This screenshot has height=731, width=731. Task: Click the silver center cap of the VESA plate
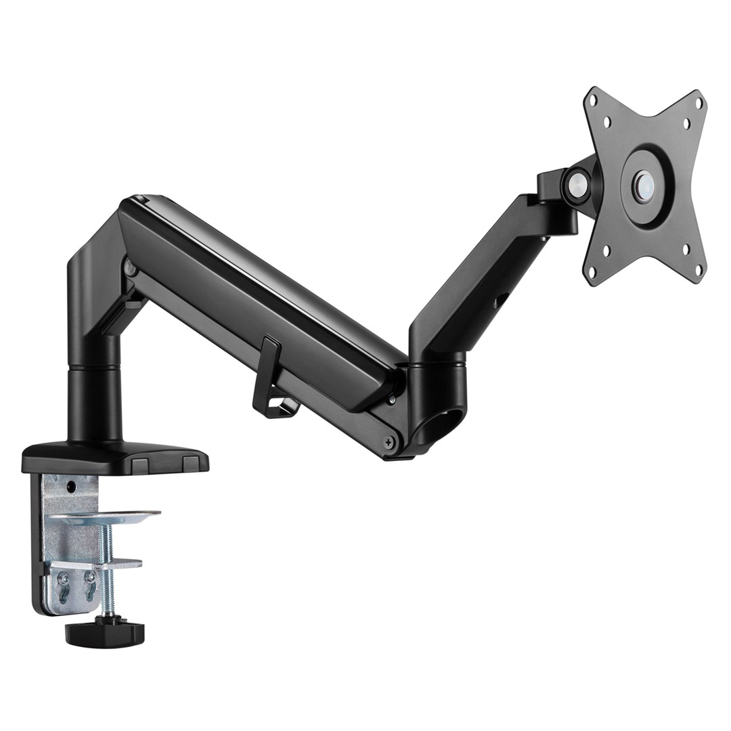[x=644, y=183]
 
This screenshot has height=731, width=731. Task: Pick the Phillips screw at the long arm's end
[x=387, y=443]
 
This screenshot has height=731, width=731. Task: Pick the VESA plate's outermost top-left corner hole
[x=594, y=99]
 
